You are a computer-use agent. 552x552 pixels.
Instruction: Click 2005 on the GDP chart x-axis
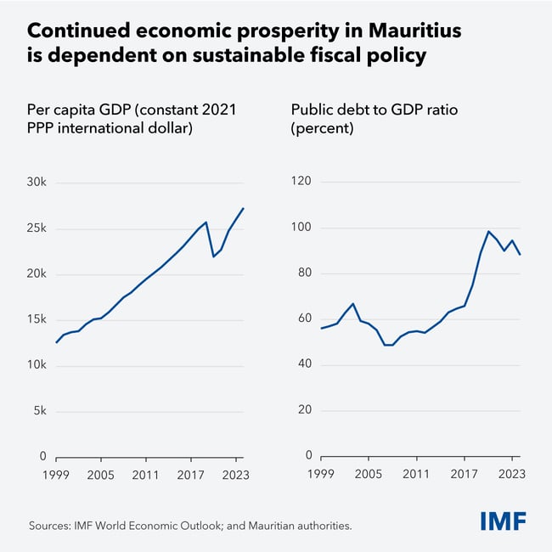coord(101,475)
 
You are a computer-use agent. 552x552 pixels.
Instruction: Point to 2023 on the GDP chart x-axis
coord(237,475)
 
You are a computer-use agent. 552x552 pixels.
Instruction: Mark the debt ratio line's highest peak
coord(488,231)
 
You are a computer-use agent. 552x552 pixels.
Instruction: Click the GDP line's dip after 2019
coord(213,256)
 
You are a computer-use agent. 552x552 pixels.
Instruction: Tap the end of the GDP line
coord(244,208)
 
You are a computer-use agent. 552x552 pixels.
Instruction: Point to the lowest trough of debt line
coord(389,345)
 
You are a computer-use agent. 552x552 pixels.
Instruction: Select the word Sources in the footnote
coord(54,526)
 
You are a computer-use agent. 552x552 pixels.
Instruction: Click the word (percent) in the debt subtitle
coord(322,129)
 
